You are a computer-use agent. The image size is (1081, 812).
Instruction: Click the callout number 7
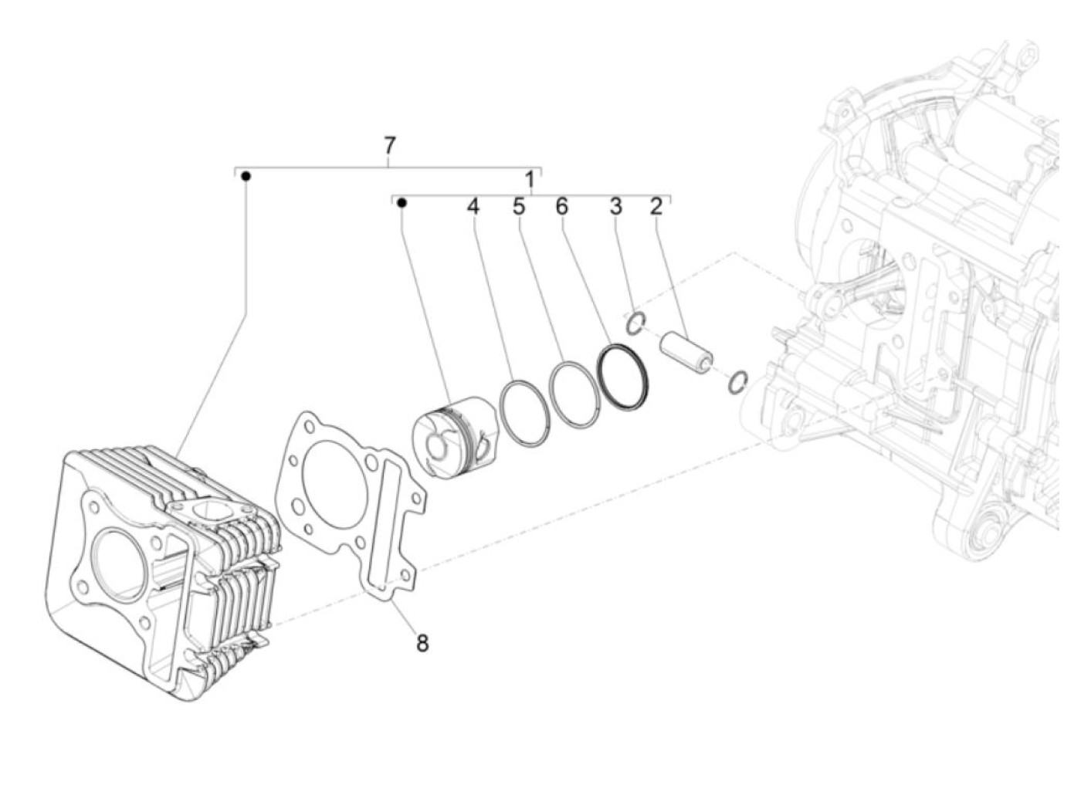pos(389,144)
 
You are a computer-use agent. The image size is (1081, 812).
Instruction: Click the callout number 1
pos(530,180)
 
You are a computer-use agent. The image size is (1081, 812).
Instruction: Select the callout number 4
pos(473,207)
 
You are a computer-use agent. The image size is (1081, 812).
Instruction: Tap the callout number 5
pos(518,207)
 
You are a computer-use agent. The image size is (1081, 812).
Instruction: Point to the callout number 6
pos(561,207)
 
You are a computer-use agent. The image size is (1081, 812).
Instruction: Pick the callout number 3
pos(615,207)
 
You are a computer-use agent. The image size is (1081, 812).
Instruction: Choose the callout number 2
pos(656,207)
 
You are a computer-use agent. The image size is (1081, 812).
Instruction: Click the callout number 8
pos(422,642)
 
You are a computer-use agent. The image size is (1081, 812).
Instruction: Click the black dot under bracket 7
pos(246,177)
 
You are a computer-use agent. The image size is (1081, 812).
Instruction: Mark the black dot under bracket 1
pos(402,203)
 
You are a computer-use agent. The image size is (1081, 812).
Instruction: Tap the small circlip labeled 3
pos(635,323)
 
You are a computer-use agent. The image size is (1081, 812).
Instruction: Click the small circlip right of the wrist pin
pos(738,381)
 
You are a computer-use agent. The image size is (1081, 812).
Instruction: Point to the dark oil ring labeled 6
pos(624,377)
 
